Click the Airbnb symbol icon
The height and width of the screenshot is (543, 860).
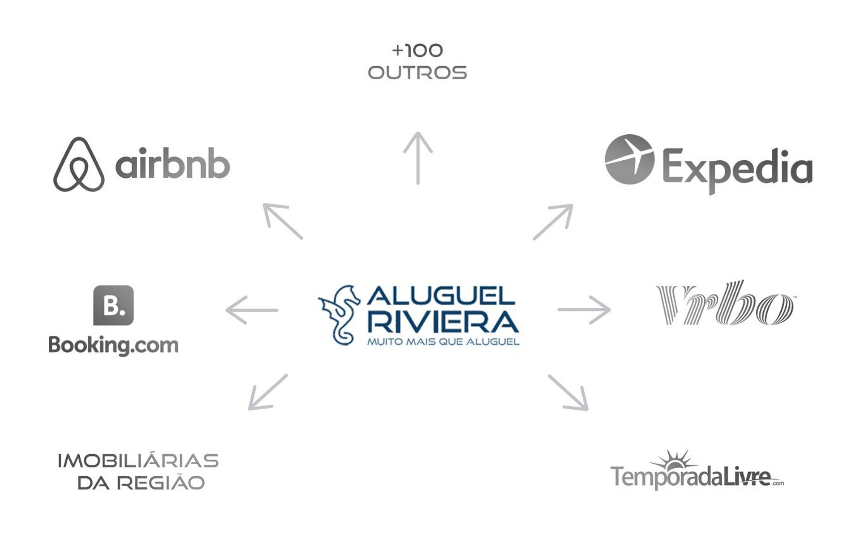click(79, 165)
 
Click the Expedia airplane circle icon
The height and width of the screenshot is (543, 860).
click(629, 159)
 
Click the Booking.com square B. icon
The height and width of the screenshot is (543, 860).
click(113, 305)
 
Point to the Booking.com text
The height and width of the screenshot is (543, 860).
click(113, 345)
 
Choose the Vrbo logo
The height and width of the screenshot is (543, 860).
click(724, 303)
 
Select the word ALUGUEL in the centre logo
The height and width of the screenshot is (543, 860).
click(441, 296)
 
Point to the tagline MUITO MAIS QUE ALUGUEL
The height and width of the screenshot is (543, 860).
click(443, 342)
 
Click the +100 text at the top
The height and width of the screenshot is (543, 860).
click(417, 51)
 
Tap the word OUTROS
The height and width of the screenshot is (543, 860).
click(417, 73)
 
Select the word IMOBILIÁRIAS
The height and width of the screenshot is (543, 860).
click(138, 461)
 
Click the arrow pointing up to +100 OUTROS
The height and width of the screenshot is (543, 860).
click(418, 158)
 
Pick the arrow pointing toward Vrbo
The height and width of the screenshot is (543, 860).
click(584, 309)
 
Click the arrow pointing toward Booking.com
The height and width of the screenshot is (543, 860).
click(252, 310)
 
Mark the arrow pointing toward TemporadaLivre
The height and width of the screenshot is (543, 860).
click(568, 393)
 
